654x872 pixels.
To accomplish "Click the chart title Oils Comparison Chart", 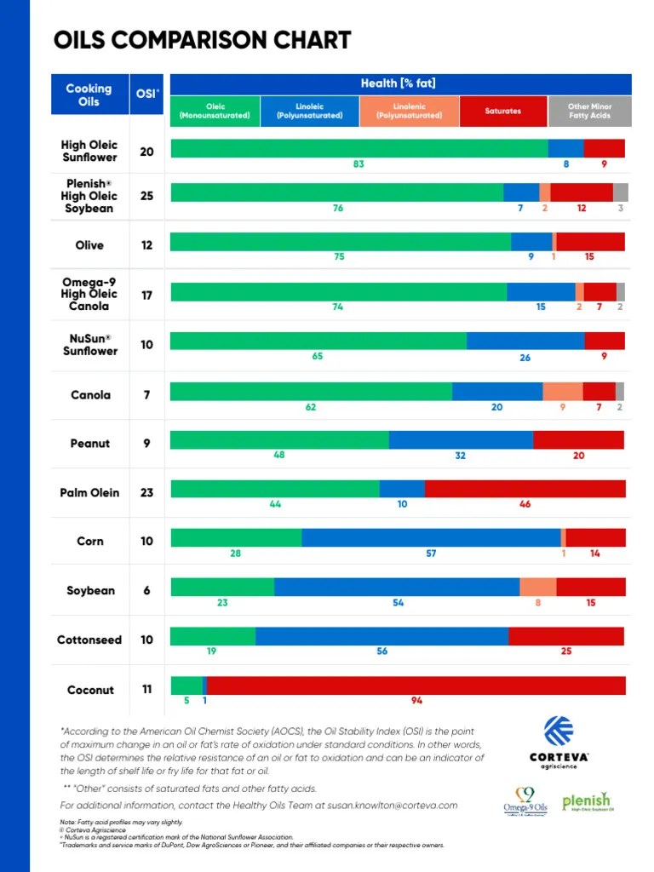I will (202, 40).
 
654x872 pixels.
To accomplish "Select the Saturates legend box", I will (502, 111).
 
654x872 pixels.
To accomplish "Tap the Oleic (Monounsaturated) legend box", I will (215, 111).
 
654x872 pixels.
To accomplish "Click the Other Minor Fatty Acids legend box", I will (589, 111).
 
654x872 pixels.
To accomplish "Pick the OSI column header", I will (147, 94).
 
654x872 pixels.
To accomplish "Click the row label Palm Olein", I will (89, 492).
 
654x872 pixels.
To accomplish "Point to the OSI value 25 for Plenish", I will (147, 195).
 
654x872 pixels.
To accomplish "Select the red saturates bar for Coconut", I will (416, 686).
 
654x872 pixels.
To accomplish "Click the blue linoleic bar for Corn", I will (431, 537).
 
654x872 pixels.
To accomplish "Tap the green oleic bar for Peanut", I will (279, 439).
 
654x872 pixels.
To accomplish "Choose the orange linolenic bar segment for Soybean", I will (537, 587).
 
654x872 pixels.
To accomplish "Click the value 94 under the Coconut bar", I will (416, 701).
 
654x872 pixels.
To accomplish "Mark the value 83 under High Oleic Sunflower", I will (359, 163).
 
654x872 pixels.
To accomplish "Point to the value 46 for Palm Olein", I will (525, 504).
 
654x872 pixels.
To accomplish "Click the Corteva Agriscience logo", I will (559, 742).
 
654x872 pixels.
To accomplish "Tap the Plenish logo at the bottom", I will (587, 801).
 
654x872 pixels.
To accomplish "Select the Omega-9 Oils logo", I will (525, 801).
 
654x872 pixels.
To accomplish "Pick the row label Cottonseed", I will (89, 640).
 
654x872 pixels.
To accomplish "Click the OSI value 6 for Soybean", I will (147, 590).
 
